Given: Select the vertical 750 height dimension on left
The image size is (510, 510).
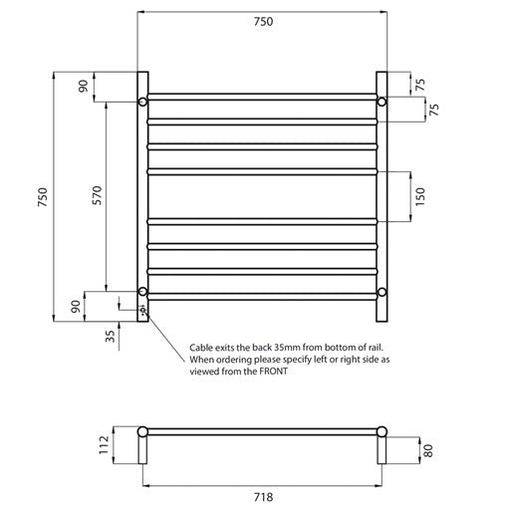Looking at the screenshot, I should pos(42,198).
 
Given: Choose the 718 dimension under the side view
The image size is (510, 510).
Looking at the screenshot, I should pos(262,495).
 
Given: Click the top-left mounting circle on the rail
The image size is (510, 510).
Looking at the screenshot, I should pos(143,102).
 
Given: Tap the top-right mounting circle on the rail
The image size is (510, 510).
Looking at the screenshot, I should pos(382,102).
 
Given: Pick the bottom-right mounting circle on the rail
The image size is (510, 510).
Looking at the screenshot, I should pos(382,292).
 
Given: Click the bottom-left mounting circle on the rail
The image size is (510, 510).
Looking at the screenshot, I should pos(143,292).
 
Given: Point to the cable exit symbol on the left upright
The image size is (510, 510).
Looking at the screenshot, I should pos(143,311).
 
